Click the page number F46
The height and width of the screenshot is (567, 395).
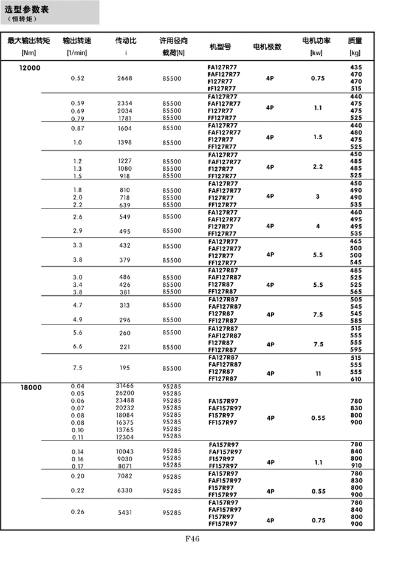[x=191, y=538]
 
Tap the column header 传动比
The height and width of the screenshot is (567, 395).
[x=125, y=41]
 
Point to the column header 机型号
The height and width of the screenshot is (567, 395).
[x=219, y=46]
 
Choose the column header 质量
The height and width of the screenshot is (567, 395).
[x=355, y=41]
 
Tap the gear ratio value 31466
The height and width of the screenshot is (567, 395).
[x=125, y=386]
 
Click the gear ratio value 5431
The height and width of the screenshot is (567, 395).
[x=125, y=512]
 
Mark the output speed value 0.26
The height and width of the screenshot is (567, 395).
[x=78, y=512]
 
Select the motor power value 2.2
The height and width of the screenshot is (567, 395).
[x=317, y=166]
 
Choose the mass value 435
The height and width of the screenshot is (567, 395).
[x=356, y=67]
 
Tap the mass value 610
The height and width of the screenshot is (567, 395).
[x=356, y=379]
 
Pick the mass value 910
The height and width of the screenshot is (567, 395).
[x=356, y=466]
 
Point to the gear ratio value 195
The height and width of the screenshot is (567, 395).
[x=125, y=368]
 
